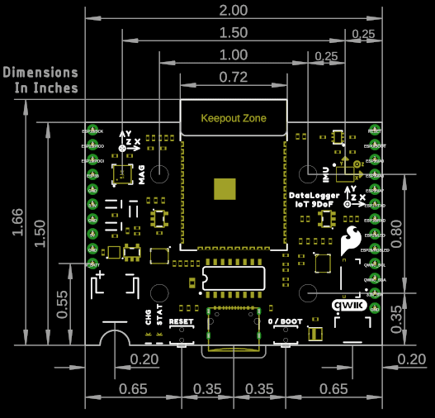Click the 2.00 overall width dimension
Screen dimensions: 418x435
click(x=233, y=11)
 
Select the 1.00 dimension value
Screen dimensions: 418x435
click(x=233, y=55)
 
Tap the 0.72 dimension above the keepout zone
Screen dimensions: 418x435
click(x=234, y=78)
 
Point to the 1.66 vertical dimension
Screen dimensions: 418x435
click(x=19, y=221)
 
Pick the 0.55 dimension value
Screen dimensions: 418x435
click(x=63, y=304)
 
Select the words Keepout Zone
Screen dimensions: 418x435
click(x=234, y=118)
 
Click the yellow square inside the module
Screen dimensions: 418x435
click(x=225, y=188)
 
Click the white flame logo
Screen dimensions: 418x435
click(x=351, y=240)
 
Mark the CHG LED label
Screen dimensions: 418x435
click(x=149, y=316)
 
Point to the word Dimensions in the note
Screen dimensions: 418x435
click(x=40, y=73)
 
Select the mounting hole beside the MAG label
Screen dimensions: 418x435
click(x=159, y=174)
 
